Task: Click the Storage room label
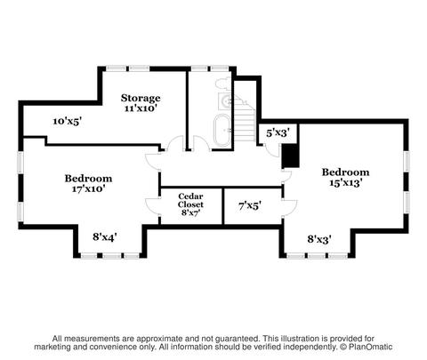click(141, 98)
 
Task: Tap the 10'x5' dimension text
click(68, 121)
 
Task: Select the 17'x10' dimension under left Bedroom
click(89, 188)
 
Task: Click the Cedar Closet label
click(190, 200)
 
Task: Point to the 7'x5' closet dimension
click(250, 205)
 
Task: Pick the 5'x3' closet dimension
click(278, 133)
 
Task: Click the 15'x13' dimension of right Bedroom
click(346, 182)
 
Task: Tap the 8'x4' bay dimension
click(105, 237)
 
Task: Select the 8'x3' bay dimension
click(319, 239)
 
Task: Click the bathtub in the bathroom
click(222, 130)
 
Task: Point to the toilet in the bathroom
click(223, 83)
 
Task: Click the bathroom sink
click(227, 100)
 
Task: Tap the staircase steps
click(245, 118)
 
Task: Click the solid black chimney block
click(290, 156)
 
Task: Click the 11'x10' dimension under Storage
click(141, 108)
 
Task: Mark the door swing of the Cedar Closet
click(152, 206)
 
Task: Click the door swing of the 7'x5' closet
click(290, 208)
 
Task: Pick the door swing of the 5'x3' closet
click(273, 151)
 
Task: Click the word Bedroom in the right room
click(346, 172)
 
